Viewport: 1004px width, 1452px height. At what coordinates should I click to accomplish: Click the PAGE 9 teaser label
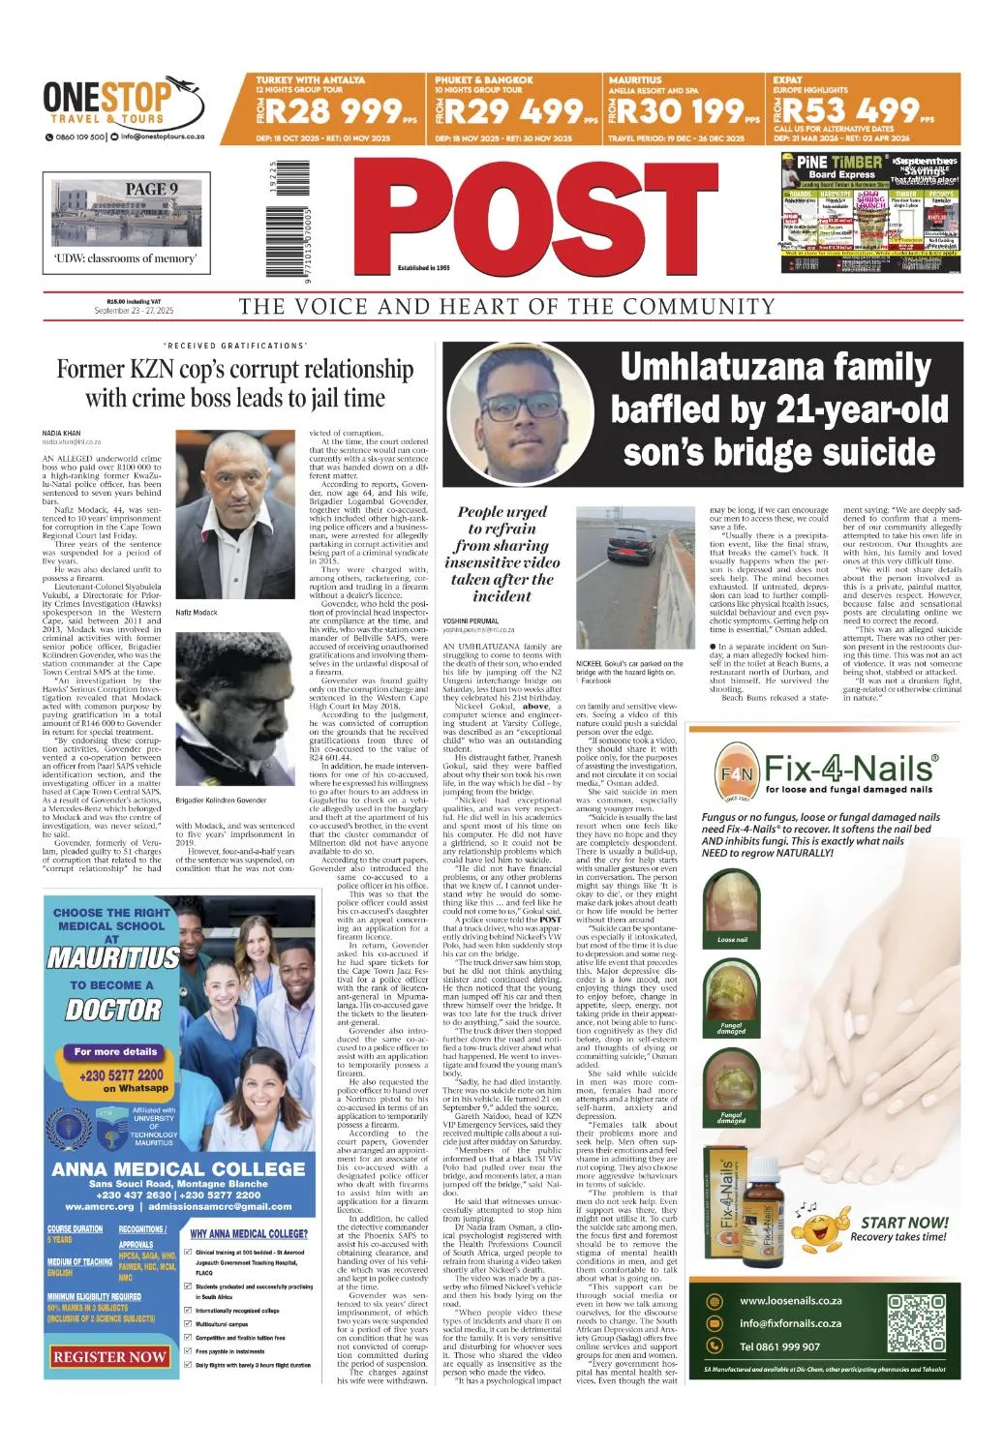tap(151, 189)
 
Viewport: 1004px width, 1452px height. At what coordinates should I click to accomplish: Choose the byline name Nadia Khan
tap(61, 433)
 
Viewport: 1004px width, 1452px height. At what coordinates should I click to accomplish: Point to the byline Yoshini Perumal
tap(470, 620)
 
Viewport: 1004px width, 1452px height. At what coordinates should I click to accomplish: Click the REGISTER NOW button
tap(109, 1356)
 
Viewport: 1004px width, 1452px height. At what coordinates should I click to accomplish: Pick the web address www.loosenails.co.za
tap(790, 1301)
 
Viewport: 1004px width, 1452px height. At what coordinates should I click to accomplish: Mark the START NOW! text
tap(903, 1223)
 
